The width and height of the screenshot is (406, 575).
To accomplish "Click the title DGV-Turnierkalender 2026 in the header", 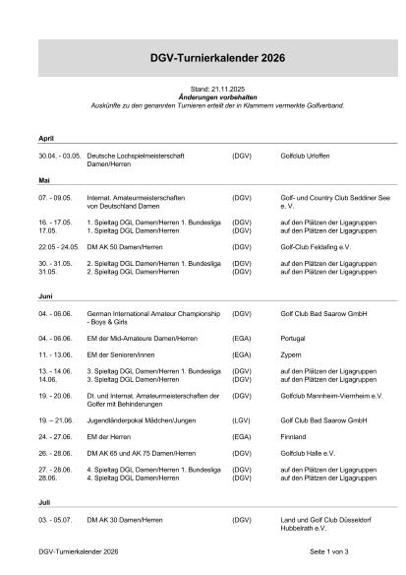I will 203,60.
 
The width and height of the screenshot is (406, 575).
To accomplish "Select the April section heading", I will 44,138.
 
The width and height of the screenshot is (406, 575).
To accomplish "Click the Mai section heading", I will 43,181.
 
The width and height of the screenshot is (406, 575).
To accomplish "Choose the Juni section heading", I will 45,296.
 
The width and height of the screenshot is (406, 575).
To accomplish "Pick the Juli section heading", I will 43,501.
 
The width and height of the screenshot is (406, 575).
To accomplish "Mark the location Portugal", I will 294,338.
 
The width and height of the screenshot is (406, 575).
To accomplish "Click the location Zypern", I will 292,351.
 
